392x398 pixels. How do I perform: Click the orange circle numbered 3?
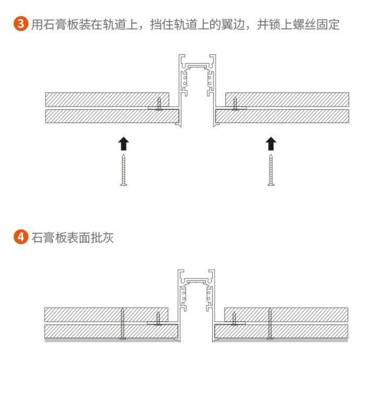click(x=21, y=24)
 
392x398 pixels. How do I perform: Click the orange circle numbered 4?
click(x=21, y=237)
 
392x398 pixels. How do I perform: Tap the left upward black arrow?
click(x=123, y=144)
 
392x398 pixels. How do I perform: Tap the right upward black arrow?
click(x=271, y=144)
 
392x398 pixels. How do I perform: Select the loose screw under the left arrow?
click(x=123, y=170)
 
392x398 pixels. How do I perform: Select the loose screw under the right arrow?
click(x=271, y=170)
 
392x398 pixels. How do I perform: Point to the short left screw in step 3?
click(x=159, y=104)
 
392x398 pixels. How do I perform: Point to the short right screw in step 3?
click(x=235, y=104)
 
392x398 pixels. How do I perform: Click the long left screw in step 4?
click(x=122, y=323)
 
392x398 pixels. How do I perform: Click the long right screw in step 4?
click(x=270, y=323)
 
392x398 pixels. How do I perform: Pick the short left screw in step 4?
click(x=158, y=319)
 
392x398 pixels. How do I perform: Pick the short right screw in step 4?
click(x=234, y=319)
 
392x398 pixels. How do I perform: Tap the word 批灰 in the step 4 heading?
click(x=102, y=238)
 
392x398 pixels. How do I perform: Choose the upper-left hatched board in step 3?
click(x=107, y=99)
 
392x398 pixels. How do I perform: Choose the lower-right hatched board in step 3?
click(x=282, y=116)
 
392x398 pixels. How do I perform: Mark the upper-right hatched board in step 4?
click(x=286, y=315)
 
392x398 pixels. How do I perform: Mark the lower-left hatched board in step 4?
click(x=111, y=331)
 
